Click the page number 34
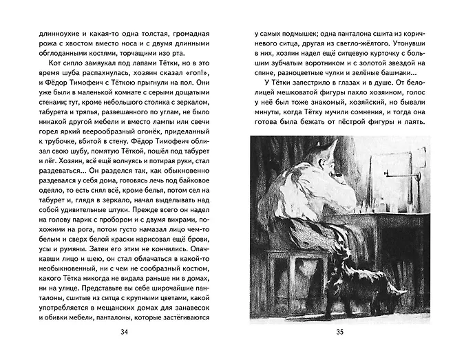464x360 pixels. point(125,333)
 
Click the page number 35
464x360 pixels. point(339,333)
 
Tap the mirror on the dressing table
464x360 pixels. point(389,176)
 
